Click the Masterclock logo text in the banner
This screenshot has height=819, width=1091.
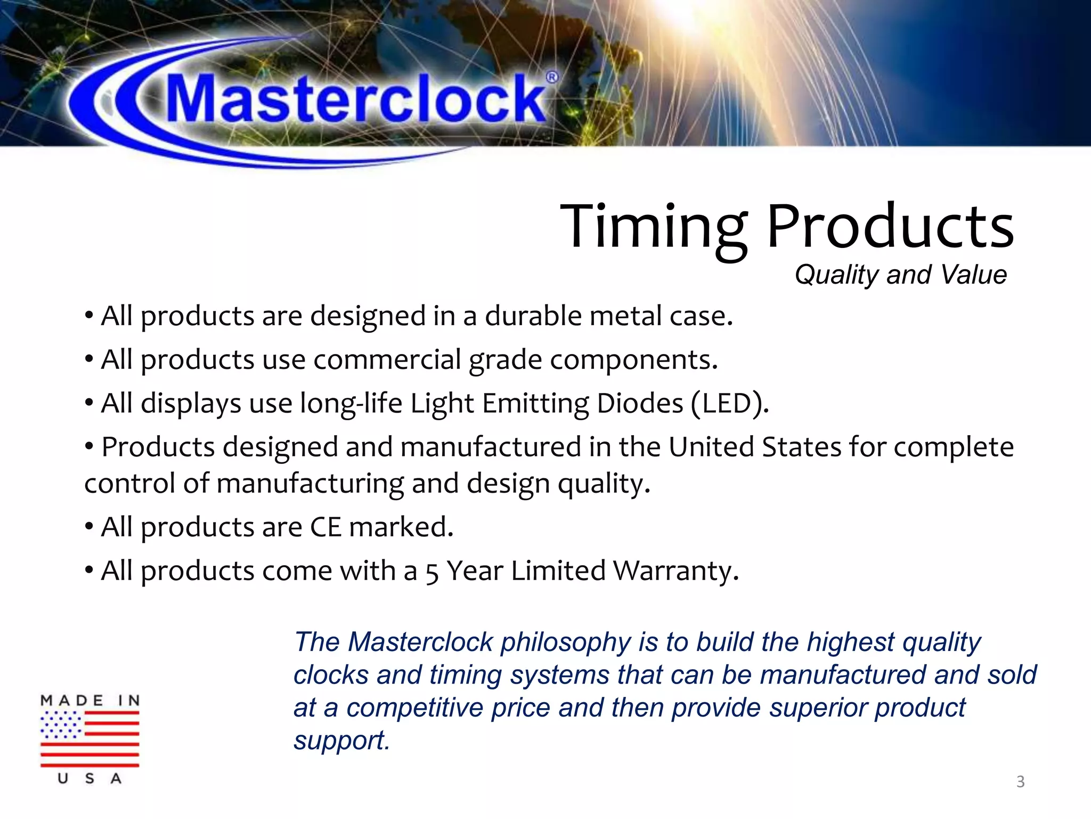356,100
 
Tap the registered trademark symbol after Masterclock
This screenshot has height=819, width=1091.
552,77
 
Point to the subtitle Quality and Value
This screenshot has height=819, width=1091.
900,275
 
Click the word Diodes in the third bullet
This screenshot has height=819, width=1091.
640,403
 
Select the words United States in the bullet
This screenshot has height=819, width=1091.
754,447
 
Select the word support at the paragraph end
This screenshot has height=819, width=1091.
341,741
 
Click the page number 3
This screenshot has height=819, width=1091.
1020,782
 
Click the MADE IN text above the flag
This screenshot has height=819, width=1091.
90,700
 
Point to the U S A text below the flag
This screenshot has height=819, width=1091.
89,778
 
